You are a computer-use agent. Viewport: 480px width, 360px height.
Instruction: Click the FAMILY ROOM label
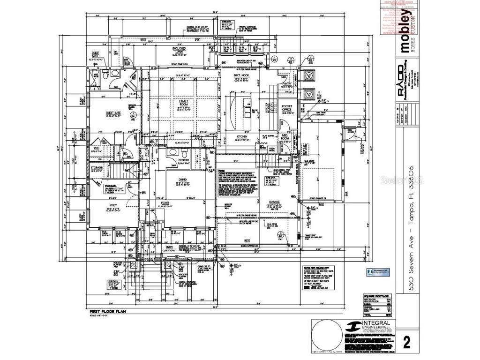[x=184, y=103]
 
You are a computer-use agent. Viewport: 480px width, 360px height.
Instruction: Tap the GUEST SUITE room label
[x=113, y=113]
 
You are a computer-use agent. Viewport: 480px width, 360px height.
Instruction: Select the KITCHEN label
[x=242, y=137]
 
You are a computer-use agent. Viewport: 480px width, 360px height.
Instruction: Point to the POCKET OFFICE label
[x=287, y=108]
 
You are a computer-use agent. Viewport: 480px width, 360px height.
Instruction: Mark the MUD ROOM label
[x=285, y=136]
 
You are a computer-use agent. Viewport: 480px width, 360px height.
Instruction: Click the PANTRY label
[x=287, y=83]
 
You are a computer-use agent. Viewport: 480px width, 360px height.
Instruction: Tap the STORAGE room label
[x=97, y=167]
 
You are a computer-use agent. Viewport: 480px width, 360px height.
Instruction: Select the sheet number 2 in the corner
[x=406, y=342]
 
